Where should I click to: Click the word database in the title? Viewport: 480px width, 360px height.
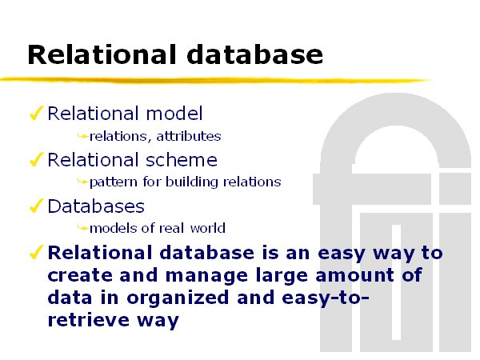pyautogui.click(x=254, y=54)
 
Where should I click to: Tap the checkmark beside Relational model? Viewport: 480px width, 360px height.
pyautogui.click(x=37, y=113)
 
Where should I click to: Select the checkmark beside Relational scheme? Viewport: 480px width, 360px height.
pyautogui.click(x=37, y=159)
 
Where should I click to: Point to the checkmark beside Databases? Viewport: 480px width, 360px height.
pyautogui.click(x=37, y=206)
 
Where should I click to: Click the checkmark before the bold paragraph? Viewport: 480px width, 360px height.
pyautogui.click(x=37, y=252)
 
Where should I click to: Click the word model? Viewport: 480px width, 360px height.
pyautogui.click(x=174, y=114)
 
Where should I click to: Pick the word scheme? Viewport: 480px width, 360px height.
pyautogui.click(x=182, y=160)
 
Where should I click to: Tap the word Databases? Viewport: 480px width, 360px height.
pyautogui.click(x=96, y=206)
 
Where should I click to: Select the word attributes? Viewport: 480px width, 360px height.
pyautogui.click(x=189, y=136)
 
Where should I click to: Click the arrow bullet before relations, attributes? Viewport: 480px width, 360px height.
pyautogui.click(x=82, y=136)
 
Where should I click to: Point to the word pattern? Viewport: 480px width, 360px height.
pyautogui.click(x=114, y=182)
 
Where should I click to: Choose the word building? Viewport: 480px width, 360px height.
pyautogui.click(x=192, y=182)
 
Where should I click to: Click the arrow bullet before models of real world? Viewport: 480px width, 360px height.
pyautogui.click(x=82, y=228)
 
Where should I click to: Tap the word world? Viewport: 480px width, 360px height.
pyautogui.click(x=207, y=228)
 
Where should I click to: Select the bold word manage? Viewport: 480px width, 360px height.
pyautogui.click(x=206, y=276)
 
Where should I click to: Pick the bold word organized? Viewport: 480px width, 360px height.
pyautogui.click(x=178, y=298)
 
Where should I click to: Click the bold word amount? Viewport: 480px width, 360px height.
pyautogui.click(x=354, y=275)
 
